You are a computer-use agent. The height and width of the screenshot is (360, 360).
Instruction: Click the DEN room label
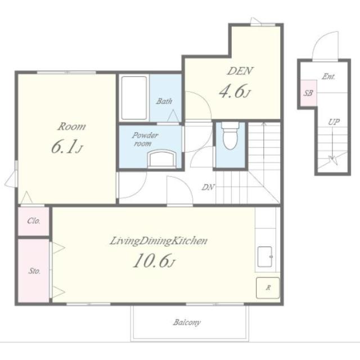pyautogui.click(x=240, y=71)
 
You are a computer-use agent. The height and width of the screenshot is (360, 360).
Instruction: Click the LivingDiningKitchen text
pyautogui.click(x=159, y=241)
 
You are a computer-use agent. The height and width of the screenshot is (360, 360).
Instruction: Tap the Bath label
pyautogui.click(x=164, y=101)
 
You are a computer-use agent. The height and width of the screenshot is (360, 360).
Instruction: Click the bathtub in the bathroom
pyautogui.click(x=134, y=98)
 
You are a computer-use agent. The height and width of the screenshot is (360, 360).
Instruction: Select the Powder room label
pyautogui.click(x=145, y=139)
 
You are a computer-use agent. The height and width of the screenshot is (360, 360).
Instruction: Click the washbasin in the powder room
pyautogui.click(x=162, y=159)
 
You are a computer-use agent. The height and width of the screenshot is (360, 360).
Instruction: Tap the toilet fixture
pyautogui.click(x=230, y=136)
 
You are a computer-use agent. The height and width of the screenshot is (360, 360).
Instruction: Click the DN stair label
pyautogui.click(x=208, y=187)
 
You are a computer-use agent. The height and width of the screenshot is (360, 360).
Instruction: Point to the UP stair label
pyautogui.click(x=334, y=122)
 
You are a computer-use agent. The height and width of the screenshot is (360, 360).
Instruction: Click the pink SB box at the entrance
pyautogui.click(x=309, y=93)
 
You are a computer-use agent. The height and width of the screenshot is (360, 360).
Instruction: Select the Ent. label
pyautogui.click(x=328, y=76)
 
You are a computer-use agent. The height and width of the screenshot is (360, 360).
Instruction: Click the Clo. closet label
pyautogui.click(x=34, y=221)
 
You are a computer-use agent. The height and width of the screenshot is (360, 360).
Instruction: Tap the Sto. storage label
pyautogui.click(x=34, y=271)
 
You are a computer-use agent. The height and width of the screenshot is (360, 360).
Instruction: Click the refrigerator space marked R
pyautogui.click(x=268, y=288)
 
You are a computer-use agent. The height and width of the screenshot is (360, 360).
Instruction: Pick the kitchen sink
pyautogui.click(x=265, y=256)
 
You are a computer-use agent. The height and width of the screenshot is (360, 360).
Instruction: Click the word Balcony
pyautogui.click(x=187, y=322)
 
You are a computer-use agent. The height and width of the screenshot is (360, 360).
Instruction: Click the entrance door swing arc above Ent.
pyautogui.click(x=318, y=40)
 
